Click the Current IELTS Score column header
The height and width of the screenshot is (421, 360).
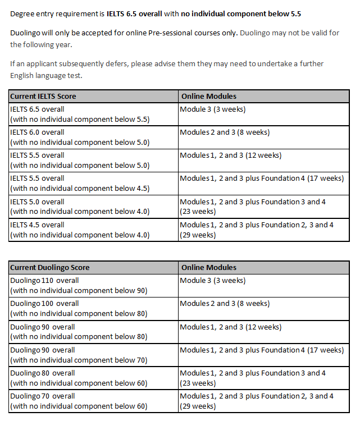(x=43, y=96)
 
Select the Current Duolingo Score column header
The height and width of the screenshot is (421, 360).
(x=49, y=267)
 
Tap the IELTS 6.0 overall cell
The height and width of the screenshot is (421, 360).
(x=80, y=137)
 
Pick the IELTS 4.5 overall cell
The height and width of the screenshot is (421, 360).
(x=80, y=230)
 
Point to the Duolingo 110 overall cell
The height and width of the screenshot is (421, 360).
(x=79, y=285)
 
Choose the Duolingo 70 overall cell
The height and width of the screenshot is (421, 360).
(x=79, y=401)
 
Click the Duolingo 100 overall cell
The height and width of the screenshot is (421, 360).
(x=79, y=308)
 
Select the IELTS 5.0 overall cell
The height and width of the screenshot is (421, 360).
(x=80, y=207)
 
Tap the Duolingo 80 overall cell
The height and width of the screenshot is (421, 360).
(x=79, y=378)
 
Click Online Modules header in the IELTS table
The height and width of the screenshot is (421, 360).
(x=208, y=96)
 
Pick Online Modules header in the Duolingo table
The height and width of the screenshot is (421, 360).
(x=208, y=267)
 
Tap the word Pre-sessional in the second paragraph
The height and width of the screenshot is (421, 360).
(x=183, y=33)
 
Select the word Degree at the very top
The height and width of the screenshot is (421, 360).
(x=22, y=13)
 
